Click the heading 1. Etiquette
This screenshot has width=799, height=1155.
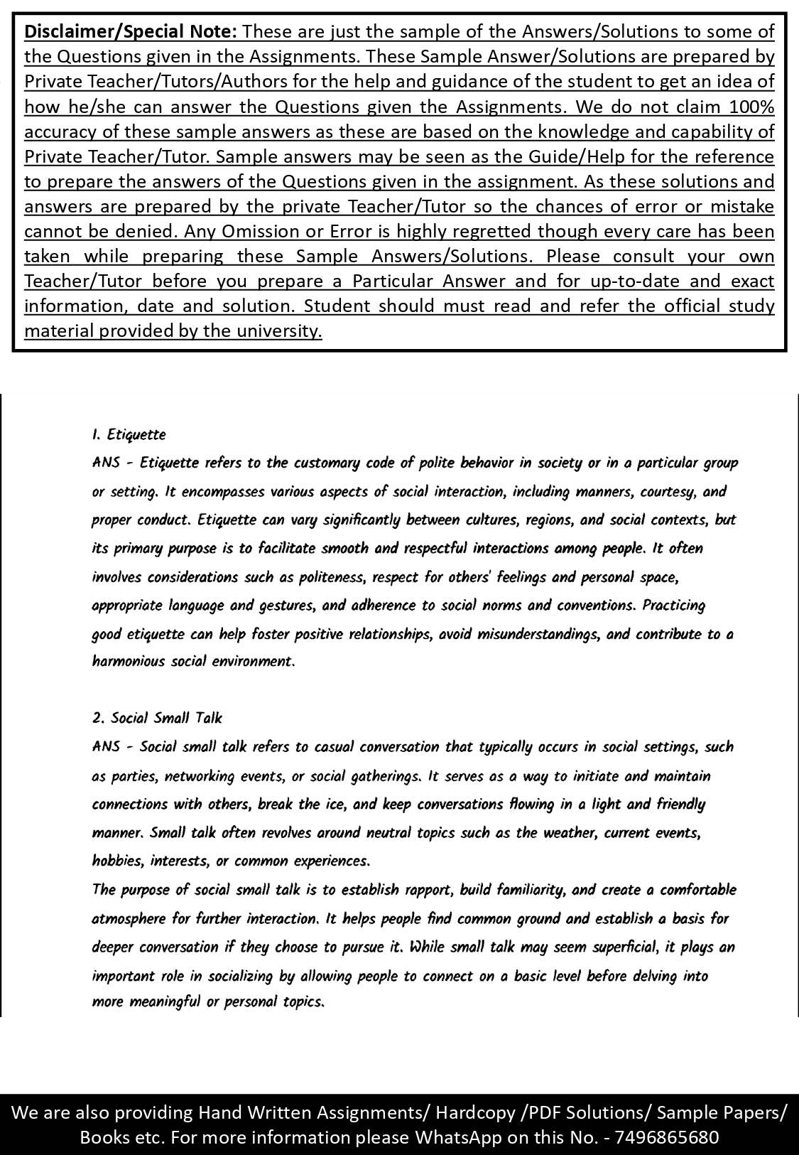click(x=129, y=434)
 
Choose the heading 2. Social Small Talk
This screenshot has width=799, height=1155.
click(x=157, y=718)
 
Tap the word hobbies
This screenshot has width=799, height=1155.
click(x=117, y=861)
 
